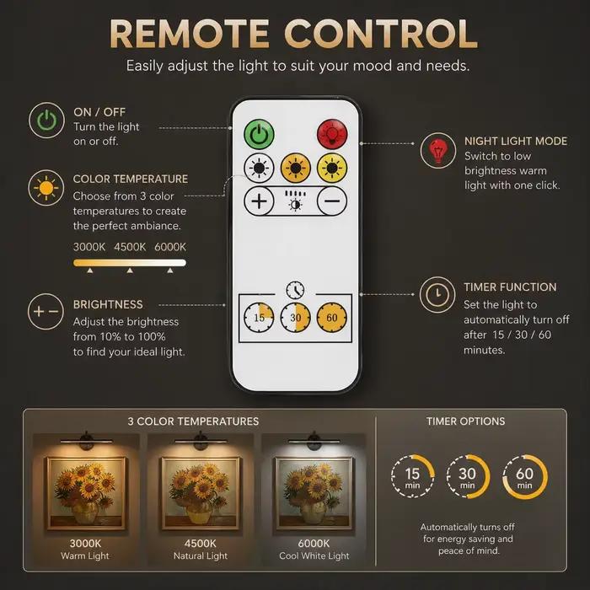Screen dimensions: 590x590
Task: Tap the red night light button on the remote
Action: tap(332, 133)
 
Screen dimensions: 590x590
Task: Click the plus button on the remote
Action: tap(259, 201)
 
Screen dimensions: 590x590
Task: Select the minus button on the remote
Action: tap(332, 201)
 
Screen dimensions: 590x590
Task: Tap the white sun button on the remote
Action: tap(259, 168)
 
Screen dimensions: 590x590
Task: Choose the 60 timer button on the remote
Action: tap(331, 318)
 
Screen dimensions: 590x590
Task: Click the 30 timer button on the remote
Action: tap(295, 318)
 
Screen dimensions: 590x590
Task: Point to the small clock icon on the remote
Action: tap(295, 290)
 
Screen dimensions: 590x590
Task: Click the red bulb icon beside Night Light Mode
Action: tap(438, 151)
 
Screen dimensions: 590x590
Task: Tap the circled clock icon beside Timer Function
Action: tap(437, 295)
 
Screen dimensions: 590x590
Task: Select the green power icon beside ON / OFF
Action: tap(46, 121)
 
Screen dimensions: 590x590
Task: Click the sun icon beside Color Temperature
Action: tap(46, 188)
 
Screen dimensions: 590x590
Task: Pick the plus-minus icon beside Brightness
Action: tap(46, 312)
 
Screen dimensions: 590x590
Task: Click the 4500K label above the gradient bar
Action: tap(130, 247)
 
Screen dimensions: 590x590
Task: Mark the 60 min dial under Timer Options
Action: tap(524, 477)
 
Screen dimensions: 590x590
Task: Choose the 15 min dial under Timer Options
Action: tap(413, 476)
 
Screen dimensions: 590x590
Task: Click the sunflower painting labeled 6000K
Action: tap(314, 494)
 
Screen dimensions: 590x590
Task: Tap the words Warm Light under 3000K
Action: tap(85, 555)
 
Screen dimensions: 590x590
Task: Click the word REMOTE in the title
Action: tap(190, 35)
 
